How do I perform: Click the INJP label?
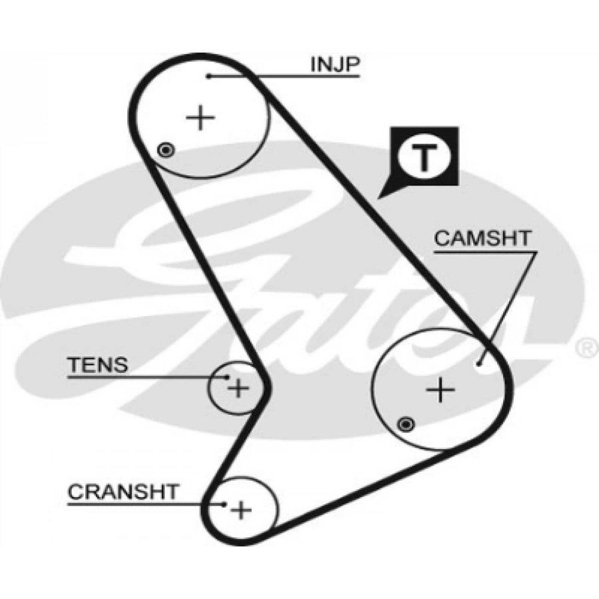[x=335, y=64]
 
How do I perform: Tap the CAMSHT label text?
[x=483, y=238]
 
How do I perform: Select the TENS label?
[x=98, y=364]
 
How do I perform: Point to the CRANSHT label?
[x=124, y=492]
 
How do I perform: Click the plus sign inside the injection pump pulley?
[x=200, y=118]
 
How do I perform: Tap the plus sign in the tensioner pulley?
[x=238, y=387]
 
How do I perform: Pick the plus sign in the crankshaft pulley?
[x=241, y=510]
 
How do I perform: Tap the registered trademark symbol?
[x=588, y=347]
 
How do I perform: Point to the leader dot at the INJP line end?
[x=208, y=77]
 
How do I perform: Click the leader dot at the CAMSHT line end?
[x=480, y=363]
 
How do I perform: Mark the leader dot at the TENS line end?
[x=227, y=377]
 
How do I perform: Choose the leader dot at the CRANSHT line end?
[x=225, y=504]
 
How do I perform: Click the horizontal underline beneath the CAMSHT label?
[x=484, y=252]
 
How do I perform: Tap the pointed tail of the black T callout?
[x=380, y=197]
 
